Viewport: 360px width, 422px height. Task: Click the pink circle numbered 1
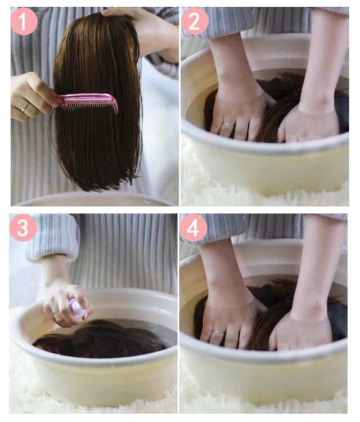click(24, 21)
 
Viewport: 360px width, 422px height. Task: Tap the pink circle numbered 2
click(195, 21)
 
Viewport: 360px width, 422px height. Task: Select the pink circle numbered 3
click(23, 228)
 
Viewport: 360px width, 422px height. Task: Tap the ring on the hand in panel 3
click(56, 312)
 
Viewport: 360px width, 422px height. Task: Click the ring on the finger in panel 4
click(218, 332)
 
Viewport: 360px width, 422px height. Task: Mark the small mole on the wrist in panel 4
click(317, 304)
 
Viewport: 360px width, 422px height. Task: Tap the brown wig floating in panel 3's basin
click(99, 339)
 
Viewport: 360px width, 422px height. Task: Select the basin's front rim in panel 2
click(265, 145)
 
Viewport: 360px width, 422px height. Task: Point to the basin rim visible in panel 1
click(94, 199)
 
